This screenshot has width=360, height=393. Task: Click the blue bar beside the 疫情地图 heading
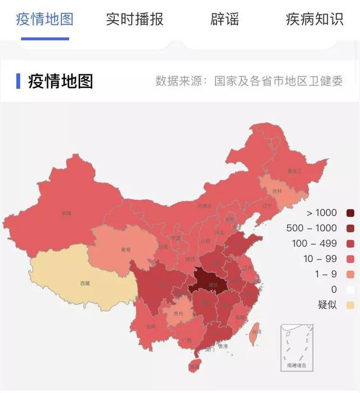pos(19,81)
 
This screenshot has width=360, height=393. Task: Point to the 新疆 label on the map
pos(67,213)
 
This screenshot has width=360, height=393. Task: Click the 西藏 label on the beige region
pos(84,283)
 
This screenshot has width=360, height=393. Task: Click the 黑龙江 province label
pos(295,170)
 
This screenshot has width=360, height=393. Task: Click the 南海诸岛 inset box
pos(296,346)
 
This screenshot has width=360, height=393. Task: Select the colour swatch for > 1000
pos(350,213)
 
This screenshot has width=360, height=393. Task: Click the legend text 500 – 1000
pos(322,228)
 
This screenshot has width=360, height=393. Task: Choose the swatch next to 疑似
pos(350,305)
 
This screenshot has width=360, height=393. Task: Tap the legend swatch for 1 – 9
pos(350,274)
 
